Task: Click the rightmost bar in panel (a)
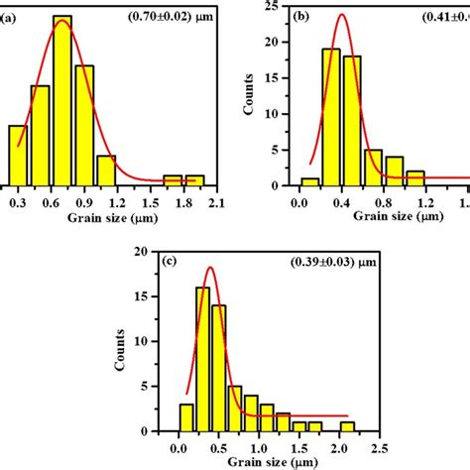tap(194, 179)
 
